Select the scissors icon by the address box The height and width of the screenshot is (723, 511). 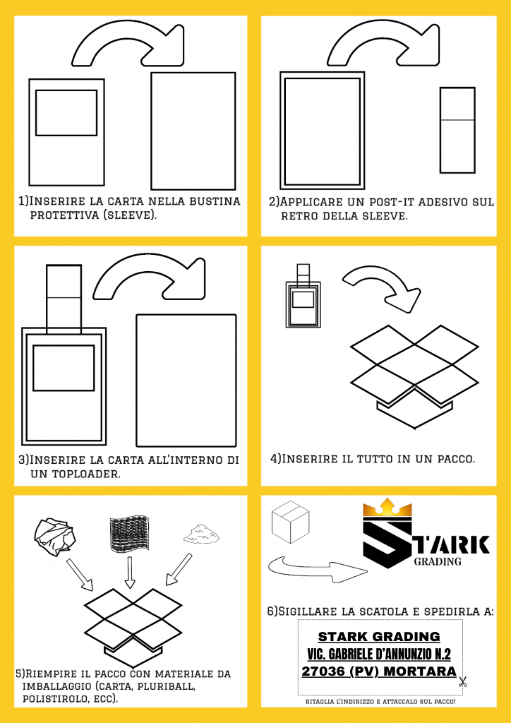coord(463,682)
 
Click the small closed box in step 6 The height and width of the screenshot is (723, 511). coord(290,522)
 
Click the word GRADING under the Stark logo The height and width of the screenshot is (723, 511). coord(438,562)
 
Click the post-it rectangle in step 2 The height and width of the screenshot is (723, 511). coord(457,130)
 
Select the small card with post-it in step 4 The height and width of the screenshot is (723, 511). coord(303,297)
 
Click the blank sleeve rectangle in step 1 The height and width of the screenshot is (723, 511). coord(193,128)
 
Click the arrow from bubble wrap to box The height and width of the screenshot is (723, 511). coord(129,571)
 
